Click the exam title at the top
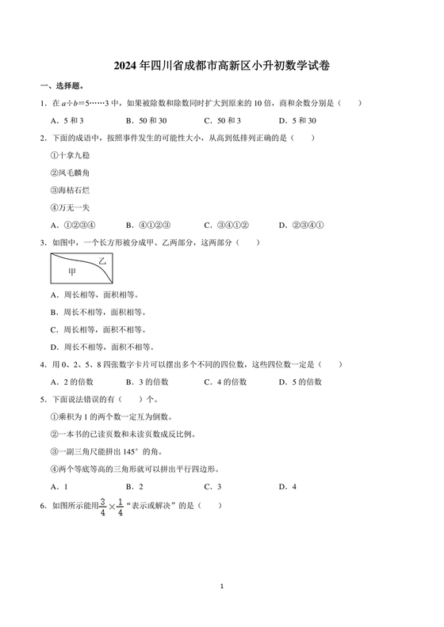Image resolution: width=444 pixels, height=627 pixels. (222, 67)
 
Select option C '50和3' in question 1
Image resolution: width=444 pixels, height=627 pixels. (223, 120)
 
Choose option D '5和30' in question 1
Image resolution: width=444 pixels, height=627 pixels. (298, 120)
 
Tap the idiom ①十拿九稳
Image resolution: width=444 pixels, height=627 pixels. (69, 155)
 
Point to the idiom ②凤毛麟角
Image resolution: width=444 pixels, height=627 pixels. (69, 173)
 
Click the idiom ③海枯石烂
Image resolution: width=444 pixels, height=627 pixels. (69, 190)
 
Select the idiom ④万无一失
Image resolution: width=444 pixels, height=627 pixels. (69, 207)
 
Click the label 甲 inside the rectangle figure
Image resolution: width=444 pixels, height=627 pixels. (72, 272)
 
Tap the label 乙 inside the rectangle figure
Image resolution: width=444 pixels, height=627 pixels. (101, 260)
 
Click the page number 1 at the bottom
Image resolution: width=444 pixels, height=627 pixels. (223, 587)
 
